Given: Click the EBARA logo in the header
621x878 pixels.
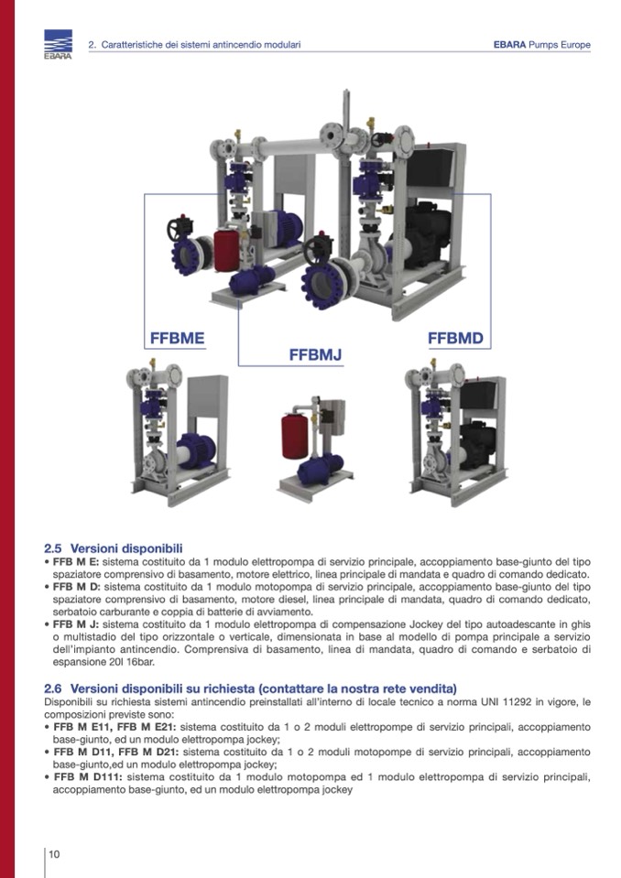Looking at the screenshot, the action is pos(59,44).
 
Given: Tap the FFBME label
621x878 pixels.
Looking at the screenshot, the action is pos(177,338).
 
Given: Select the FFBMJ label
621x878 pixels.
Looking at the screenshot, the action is pos(315,355).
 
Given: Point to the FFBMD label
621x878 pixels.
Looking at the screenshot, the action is pos(455,338).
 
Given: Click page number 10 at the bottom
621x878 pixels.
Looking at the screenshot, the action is pos(54,854).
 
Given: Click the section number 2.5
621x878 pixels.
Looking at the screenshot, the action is pos(52,548).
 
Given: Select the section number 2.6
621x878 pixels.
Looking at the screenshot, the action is pos(52,688).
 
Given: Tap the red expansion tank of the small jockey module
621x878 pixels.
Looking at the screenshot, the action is pos(295,436).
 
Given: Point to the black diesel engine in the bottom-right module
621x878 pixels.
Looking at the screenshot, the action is pos(477,445).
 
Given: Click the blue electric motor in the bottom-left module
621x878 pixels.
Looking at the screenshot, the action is pos(197,450).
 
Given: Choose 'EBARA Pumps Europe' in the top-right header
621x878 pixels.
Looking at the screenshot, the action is pos(541,45).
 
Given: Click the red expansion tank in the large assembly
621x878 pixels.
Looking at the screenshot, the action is pos(225,250).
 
